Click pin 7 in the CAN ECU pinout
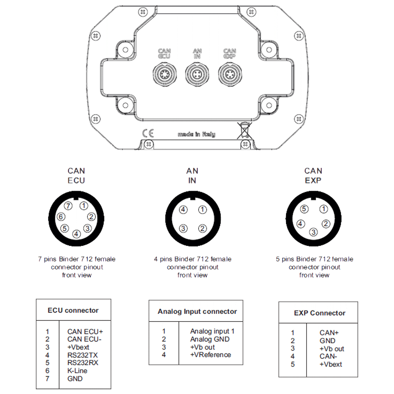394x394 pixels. click(69, 206)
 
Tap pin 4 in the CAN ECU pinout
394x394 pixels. click(76, 234)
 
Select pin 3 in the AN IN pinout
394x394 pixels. click(183, 228)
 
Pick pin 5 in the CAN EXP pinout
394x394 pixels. click(304, 209)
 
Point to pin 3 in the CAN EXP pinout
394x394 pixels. click(313, 232)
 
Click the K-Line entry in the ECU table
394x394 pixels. click(77, 371)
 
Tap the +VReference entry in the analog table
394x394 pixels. click(210, 355)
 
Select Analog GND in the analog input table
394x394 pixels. click(210, 339)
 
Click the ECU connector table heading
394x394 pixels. click(73, 310)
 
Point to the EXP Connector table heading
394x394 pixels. click(320, 313)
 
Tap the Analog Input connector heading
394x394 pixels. click(197, 312)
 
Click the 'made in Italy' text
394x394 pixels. click(196, 134)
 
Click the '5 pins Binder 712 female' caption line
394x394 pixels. click(315, 259)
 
